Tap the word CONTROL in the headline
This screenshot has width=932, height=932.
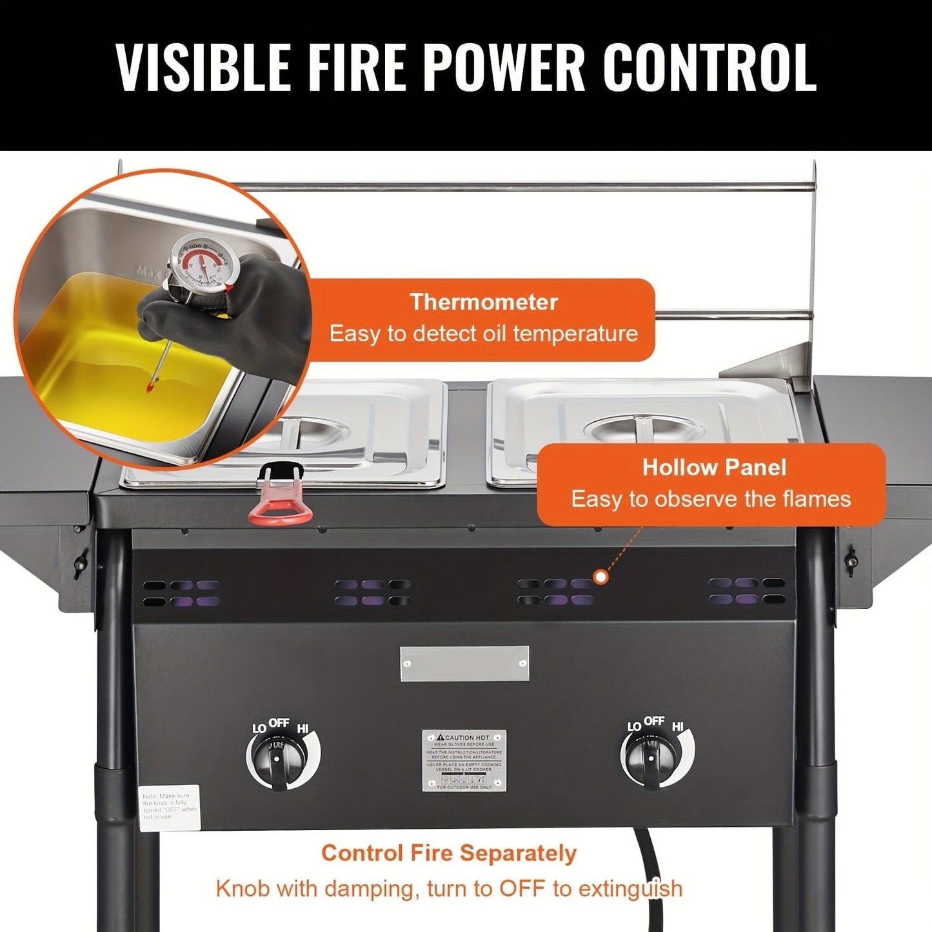(x=709, y=66)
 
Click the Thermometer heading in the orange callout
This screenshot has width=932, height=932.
(x=484, y=302)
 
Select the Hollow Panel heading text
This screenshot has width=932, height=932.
(x=714, y=468)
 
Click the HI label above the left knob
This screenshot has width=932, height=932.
(x=302, y=729)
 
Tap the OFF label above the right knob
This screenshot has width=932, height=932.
(x=654, y=720)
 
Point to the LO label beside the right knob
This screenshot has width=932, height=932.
(x=634, y=727)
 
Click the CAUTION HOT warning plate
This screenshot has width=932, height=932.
(x=464, y=760)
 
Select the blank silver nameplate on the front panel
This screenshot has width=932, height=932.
(x=464, y=663)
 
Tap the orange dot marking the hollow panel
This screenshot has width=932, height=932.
(x=600, y=577)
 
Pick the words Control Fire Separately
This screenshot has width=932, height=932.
(x=449, y=853)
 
